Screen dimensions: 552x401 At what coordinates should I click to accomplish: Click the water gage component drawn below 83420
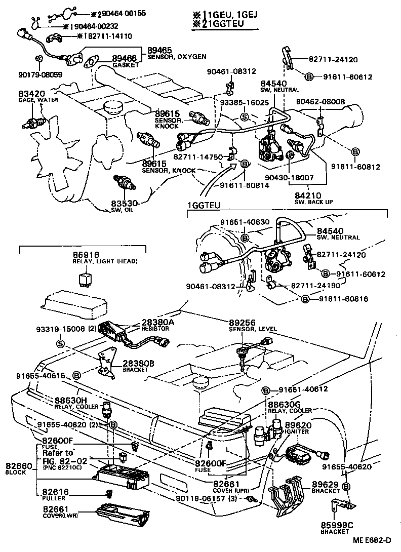click(34, 120)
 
